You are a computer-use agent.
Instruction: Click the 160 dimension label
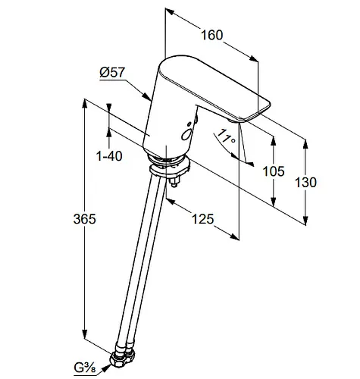[211, 35]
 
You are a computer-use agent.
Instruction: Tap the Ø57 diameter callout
[112, 73]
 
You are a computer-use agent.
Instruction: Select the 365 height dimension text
[85, 218]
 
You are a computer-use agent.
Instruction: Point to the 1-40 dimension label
[109, 156]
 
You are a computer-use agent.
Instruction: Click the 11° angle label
[227, 136]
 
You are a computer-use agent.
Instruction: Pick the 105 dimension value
[274, 171]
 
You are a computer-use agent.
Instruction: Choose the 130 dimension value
[305, 182]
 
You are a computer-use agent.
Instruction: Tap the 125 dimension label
[203, 219]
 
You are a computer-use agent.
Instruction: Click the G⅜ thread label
[85, 368]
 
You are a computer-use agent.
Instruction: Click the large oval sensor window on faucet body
[186, 134]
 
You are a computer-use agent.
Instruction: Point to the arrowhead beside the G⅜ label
[106, 368]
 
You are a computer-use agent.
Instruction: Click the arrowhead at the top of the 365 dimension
[84, 104]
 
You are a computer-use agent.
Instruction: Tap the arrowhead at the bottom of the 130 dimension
[305, 220]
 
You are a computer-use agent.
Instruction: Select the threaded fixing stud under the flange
[174, 181]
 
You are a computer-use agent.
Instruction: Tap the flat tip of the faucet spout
[256, 111]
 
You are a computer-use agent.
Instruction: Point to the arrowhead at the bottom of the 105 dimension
[273, 202]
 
